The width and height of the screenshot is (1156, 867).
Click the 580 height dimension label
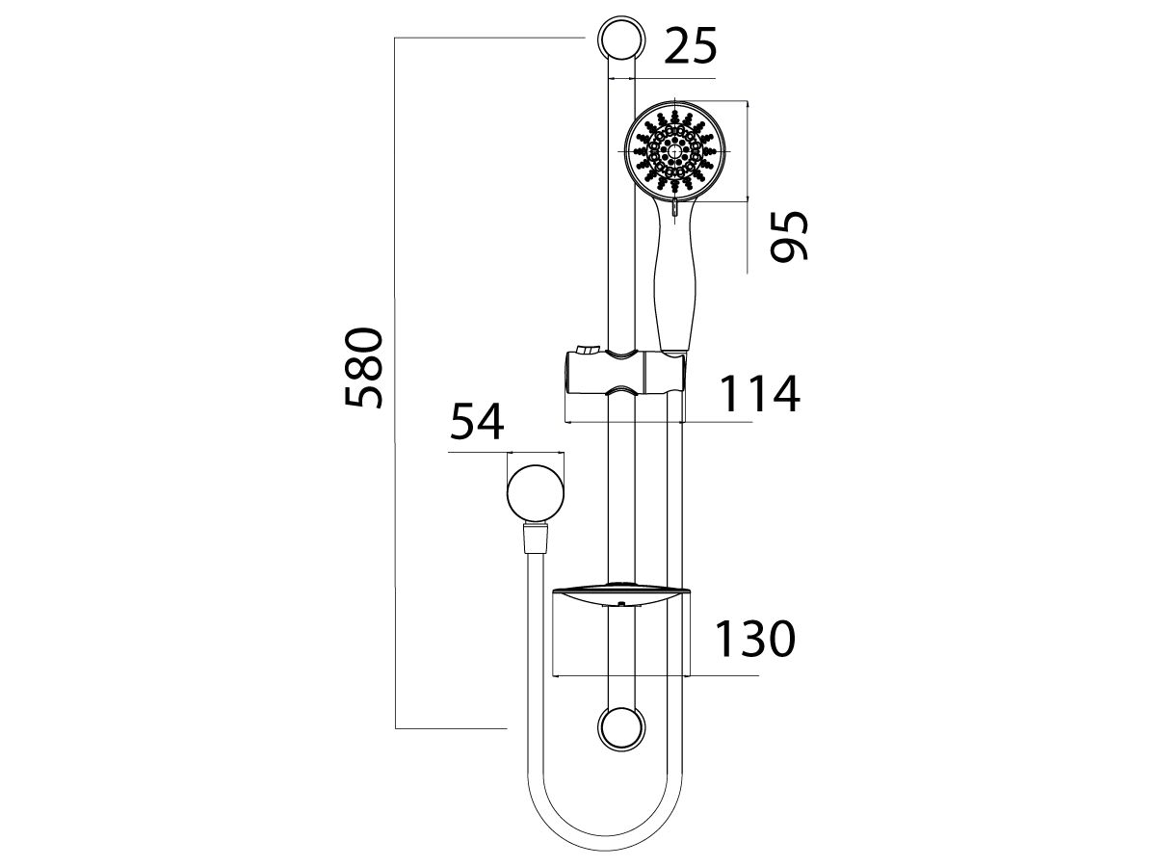(x=366, y=368)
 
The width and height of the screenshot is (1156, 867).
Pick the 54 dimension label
(x=478, y=424)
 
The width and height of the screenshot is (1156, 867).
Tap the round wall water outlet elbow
(x=533, y=493)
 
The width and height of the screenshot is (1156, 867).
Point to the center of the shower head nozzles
(x=674, y=150)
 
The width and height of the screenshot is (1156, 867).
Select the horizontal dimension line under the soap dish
(x=655, y=676)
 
